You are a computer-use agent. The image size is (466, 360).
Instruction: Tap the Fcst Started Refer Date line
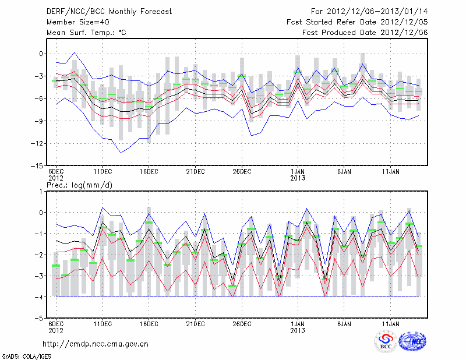point(357,22)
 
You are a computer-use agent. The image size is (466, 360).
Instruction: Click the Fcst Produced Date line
point(365,33)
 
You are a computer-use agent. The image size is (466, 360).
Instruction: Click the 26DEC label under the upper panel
point(242,172)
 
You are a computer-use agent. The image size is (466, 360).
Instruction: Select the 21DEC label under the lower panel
point(195,324)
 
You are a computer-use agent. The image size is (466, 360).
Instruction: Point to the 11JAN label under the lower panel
point(390,324)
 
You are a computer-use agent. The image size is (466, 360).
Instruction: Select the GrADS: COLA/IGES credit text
point(26,355)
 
